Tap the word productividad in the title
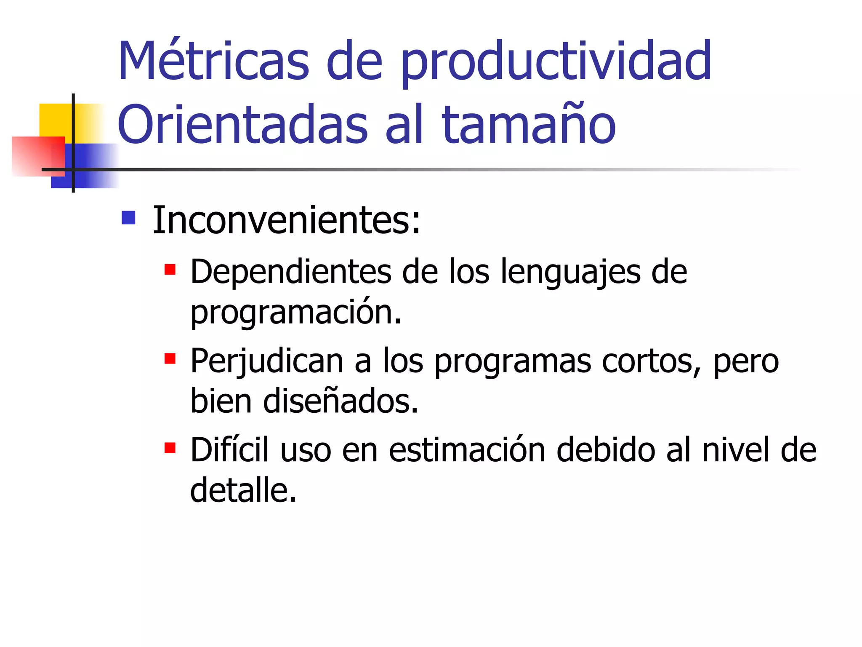(556, 63)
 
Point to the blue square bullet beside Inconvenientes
(128, 218)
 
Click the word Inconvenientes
(286, 220)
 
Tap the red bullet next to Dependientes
(170, 269)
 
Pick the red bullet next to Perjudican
(170, 358)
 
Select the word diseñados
(341, 401)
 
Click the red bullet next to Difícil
(170, 448)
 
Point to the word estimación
(467, 450)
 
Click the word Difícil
(229, 450)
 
